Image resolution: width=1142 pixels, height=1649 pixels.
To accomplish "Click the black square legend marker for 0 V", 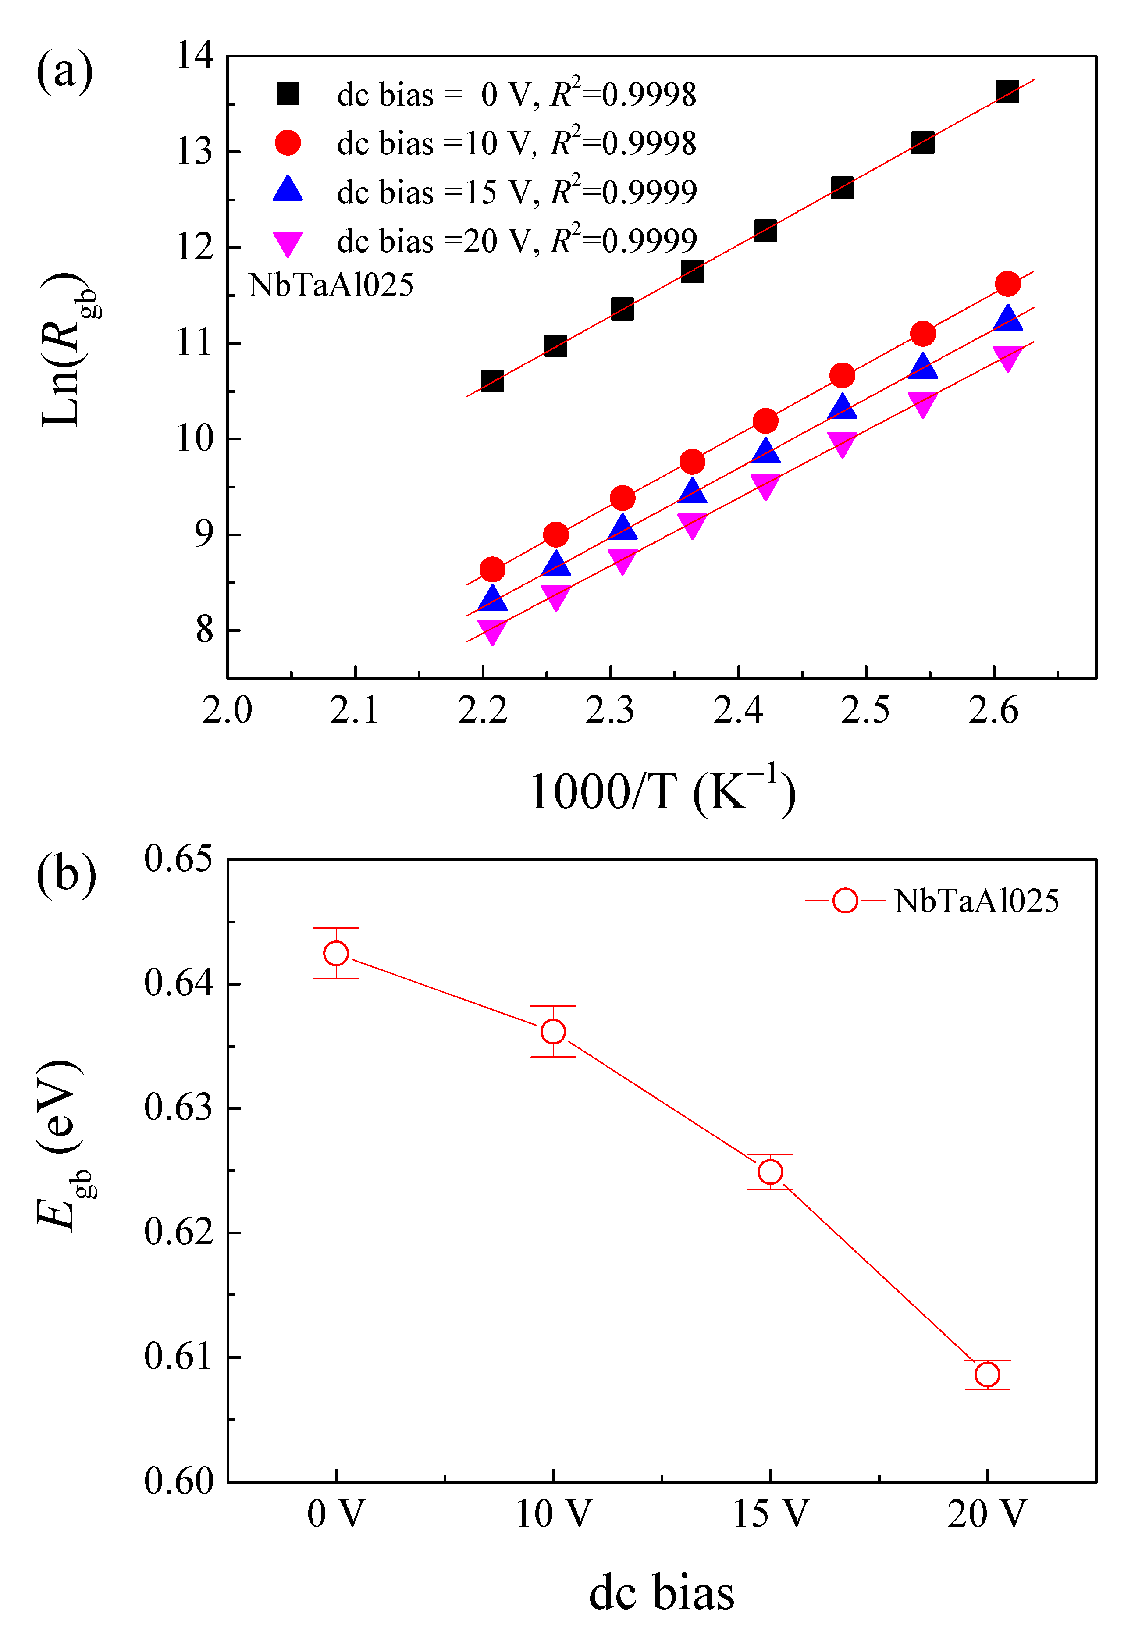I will pyautogui.click(x=288, y=94).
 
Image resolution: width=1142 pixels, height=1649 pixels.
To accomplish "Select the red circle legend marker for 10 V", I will pyautogui.click(x=288, y=142).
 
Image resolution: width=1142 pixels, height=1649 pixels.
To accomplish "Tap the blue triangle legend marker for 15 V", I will pyautogui.click(x=288, y=189).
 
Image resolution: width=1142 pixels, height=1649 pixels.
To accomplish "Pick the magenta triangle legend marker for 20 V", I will pyautogui.click(x=288, y=242).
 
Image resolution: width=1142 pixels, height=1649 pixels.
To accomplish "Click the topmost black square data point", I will pyautogui.click(x=1007, y=91).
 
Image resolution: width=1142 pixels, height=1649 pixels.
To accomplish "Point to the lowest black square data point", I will pyautogui.click(x=491, y=381).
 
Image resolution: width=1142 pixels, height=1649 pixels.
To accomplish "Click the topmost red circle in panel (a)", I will pyautogui.click(x=1007, y=284).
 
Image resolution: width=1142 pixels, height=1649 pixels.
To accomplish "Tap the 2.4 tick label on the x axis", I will pyautogui.click(x=738, y=711).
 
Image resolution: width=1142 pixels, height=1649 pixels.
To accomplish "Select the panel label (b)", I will pyautogui.click(x=66, y=874).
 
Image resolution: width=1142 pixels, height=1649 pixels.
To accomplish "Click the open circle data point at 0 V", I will pyautogui.click(x=336, y=953).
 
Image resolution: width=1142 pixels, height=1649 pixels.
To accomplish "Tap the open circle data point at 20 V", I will pyautogui.click(x=987, y=1374).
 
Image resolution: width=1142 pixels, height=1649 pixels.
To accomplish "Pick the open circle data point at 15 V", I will pyautogui.click(x=770, y=1172).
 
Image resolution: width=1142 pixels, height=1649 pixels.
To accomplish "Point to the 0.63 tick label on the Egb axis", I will pyautogui.click(x=178, y=1107).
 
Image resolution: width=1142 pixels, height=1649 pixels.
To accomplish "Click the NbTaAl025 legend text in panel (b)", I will pyautogui.click(x=976, y=901).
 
